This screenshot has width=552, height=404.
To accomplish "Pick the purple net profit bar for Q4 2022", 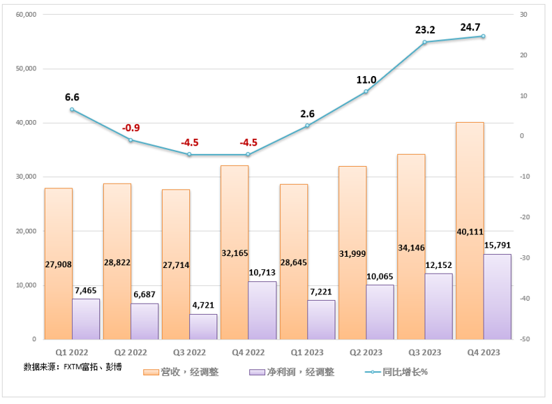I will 262,311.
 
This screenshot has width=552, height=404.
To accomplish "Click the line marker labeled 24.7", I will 483,36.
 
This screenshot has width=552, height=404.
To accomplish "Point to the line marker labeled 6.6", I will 72,110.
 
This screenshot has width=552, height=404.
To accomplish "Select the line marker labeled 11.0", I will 366,91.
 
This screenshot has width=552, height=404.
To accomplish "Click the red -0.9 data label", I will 130,128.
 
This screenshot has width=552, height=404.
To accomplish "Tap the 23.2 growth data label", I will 424,30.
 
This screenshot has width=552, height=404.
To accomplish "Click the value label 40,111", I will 469,232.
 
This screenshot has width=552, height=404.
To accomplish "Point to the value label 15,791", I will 497,245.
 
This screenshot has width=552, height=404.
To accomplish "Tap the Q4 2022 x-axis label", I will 248,352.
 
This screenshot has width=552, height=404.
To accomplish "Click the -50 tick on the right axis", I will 523,339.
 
